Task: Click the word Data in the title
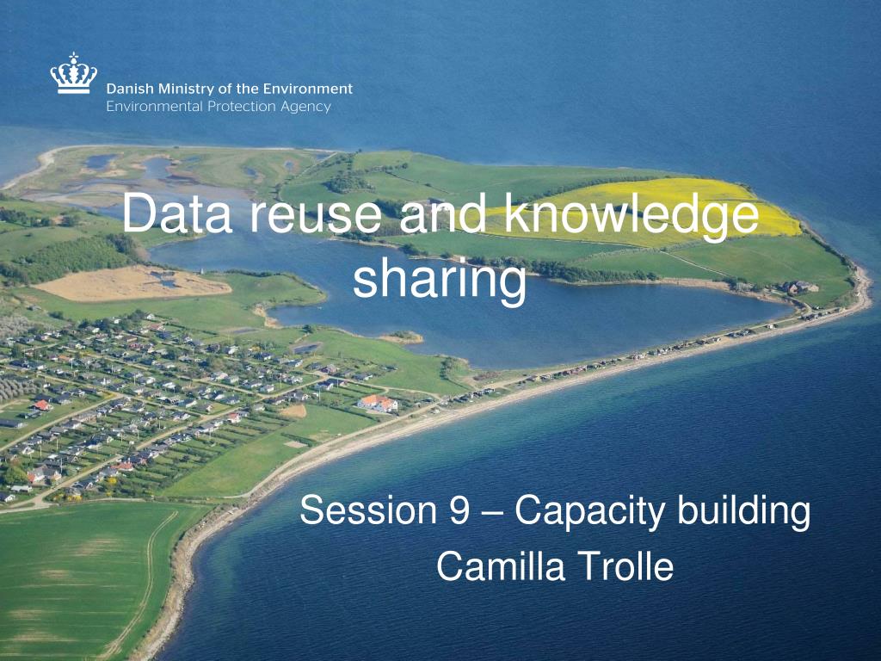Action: [177, 216]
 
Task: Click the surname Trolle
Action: [625, 566]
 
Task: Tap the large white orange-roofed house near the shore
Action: [379, 403]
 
